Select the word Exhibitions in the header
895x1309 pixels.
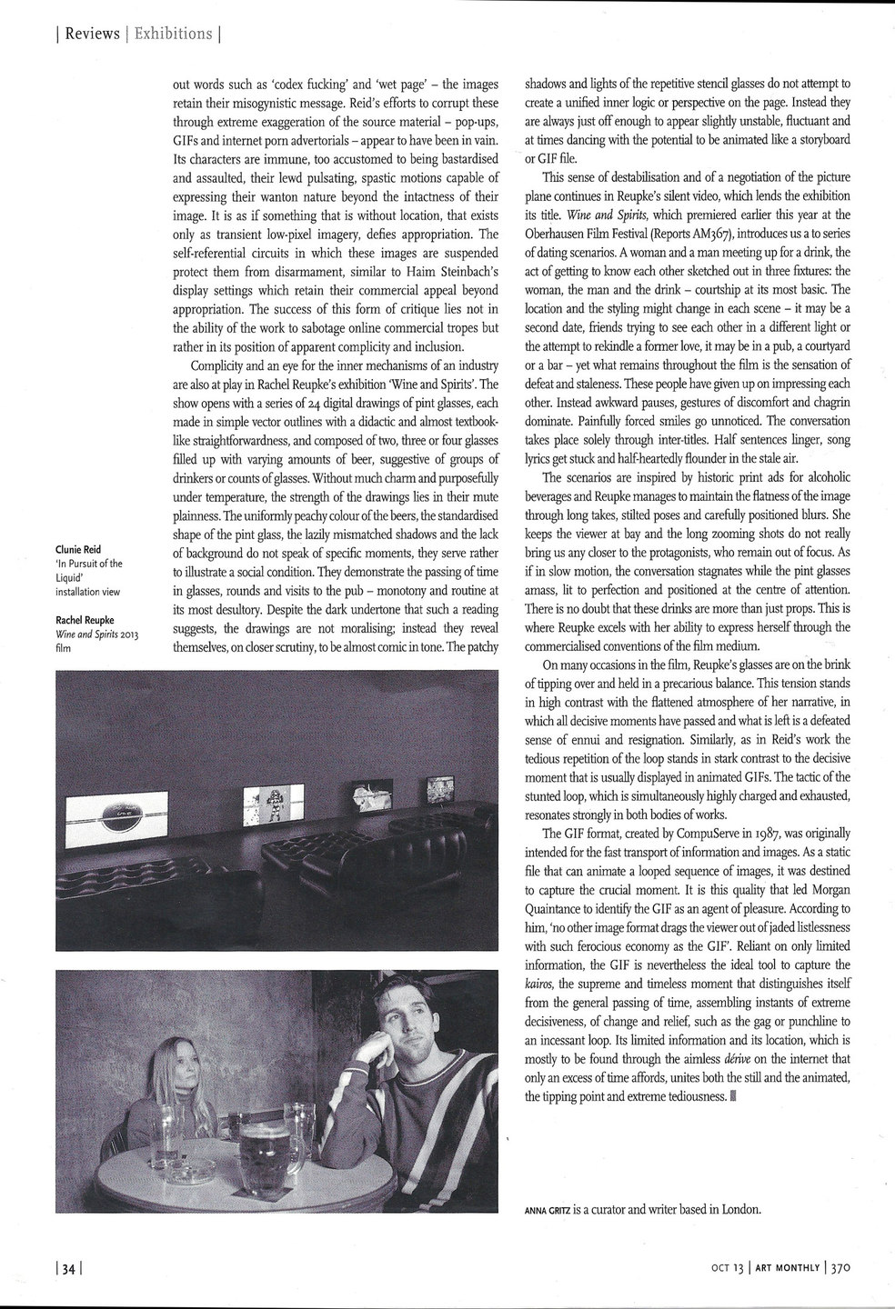click(x=173, y=35)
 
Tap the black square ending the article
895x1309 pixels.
click(x=734, y=1096)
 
